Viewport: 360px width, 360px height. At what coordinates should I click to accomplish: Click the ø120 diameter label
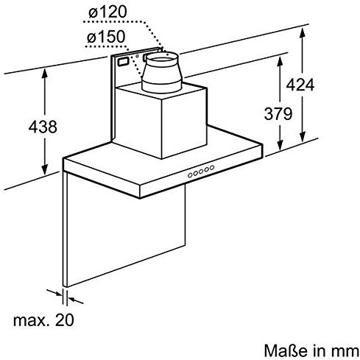(x=107, y=12)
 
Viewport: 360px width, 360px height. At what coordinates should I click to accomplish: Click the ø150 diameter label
(x=106, y=37)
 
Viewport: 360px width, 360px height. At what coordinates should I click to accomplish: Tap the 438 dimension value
(x=43, y=127)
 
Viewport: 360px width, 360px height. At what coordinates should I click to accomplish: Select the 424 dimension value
(x=300, y=85)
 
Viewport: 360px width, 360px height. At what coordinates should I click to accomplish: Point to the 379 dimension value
(x=278, y=113)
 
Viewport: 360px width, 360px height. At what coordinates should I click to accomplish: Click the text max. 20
(x=43, y=320)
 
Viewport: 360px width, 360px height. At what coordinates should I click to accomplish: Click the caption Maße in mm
(x=311, y=350)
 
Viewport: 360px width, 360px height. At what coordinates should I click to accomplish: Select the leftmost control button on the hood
(x=190, y=175)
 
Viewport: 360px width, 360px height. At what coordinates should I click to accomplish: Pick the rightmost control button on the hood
(x=212, y=168)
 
